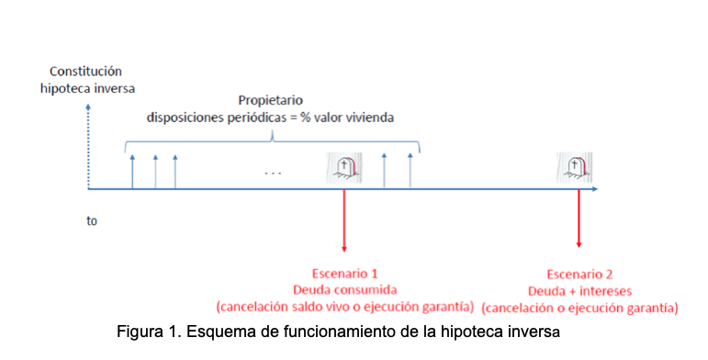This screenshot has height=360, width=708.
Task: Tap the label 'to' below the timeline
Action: pos(92,221)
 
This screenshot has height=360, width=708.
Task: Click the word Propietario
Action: pos(271,99)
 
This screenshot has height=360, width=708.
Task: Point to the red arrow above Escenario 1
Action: pos(344,220)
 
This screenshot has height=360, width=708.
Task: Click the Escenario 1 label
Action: pos(344,274)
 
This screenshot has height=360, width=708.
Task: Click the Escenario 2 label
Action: pos(579,274)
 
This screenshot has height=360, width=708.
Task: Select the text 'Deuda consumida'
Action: pos(344,289)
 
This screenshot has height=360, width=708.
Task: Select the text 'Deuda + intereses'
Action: pos(579,289)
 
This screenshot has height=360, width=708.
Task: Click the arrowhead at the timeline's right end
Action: pos(595,189)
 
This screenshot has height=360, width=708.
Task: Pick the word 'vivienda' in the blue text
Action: pos(370,117)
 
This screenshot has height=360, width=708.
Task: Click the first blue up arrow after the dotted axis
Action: pos(132,171)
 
